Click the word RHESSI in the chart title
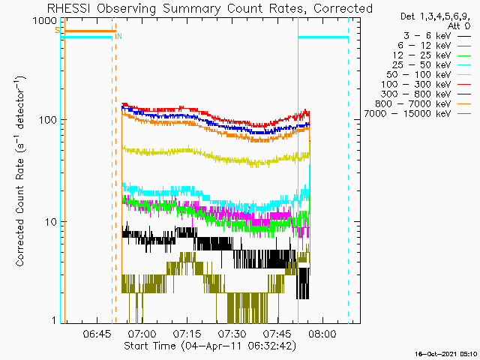pyautogui.click(x=70, y=8)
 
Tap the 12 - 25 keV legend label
pyautogui.click(x=421, y=55)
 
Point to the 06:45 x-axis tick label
pyautogui.click(x=97, y=334)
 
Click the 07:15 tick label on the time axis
pyautogui.click(x=187, y=334)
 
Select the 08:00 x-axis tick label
pyautogui.click(x=322, y=334)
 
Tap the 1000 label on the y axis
pyautogui.click(x=45, y=21)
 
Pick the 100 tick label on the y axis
pyautogui.click(x=48, y=119)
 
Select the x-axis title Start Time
pyautogui.click(x=150, y=346)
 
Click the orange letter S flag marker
pyautogui.click(x=57, y=30)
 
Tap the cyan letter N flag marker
pyautogui.click(x=119, y=37)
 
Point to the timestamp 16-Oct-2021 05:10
pyautogui.click(x=446, y=354)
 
